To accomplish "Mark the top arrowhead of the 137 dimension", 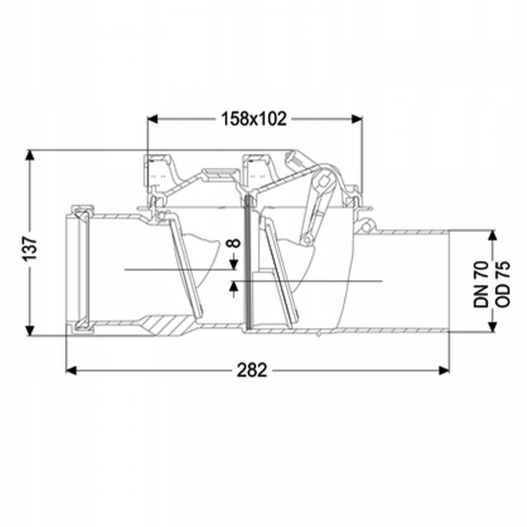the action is coord(30,155).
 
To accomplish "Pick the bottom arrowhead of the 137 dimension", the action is coord(30,331).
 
